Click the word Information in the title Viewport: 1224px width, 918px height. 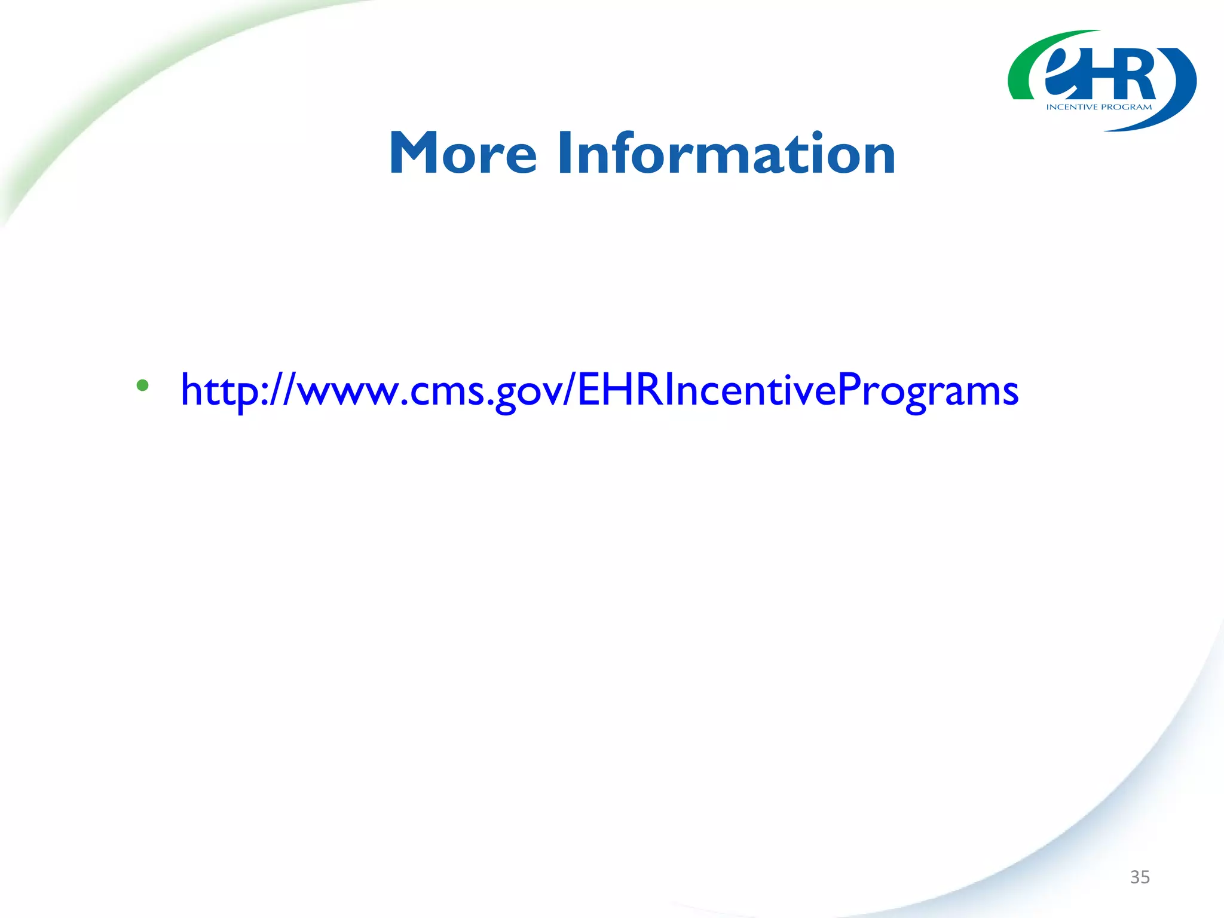point(726,154)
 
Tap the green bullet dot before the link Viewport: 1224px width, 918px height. point(142,385)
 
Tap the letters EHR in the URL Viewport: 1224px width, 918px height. point(620,390)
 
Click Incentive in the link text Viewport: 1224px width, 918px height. point(750,390)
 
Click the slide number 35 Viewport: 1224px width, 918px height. point(1140,877)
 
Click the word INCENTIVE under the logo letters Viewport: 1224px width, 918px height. point(1072,108)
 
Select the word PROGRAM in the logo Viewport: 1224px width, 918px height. point(1126,108)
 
